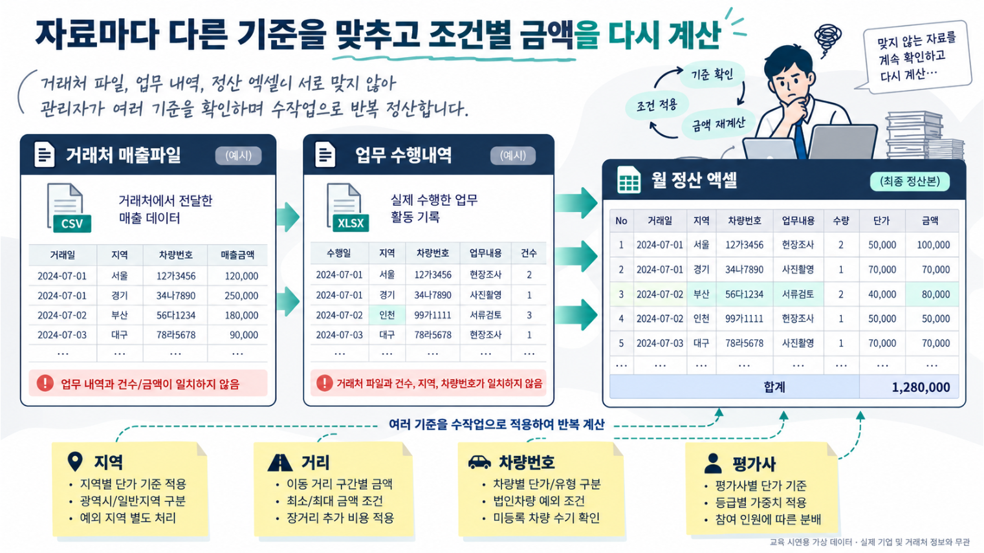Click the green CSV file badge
(72, 224)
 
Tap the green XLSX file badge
(351, 223)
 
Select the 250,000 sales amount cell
(241, 296)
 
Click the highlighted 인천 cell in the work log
(387, 315)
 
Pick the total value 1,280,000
(921, 387)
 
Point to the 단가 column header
(881, 221)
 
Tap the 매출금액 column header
(237, 255)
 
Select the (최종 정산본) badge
(910, 181)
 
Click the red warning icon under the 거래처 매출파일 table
(45, 383)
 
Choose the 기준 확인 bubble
(712, 74)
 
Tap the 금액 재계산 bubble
(718, 124)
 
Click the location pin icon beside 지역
(75, 462)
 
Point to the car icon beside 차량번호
(479, 462)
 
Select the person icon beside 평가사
(712, 463)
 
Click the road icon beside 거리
(280, 462)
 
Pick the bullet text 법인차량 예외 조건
(539, 501)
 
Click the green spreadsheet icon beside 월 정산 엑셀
(629, 180)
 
